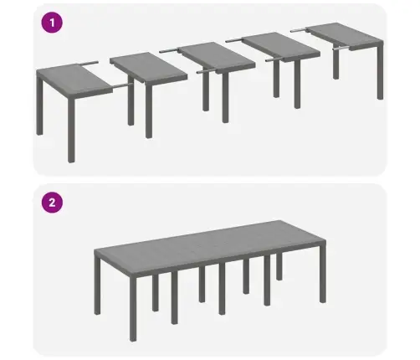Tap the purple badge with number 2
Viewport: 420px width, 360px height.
click(54, 202)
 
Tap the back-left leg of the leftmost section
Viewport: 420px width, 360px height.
click(38, 105)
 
